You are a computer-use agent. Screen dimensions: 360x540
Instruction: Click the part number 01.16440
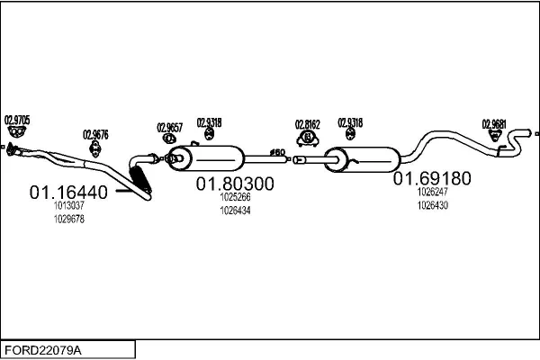[68, 192]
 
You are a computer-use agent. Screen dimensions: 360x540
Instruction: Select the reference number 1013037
[69, 206]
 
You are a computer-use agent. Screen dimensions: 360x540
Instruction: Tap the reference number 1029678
[69, 219]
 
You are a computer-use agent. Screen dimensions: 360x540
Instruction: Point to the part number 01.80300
[235, 184]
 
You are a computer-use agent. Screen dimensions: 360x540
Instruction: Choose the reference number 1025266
[235, 197]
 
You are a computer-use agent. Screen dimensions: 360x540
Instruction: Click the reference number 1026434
[235, 211]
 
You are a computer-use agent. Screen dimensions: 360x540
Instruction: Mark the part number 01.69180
[432, 178]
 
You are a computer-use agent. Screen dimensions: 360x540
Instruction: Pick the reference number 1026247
[432, 192]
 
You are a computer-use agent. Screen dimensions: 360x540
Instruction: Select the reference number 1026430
[432, 205]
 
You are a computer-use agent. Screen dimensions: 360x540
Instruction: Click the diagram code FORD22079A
[42, 348]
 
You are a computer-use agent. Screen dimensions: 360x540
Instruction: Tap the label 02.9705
[17, 119]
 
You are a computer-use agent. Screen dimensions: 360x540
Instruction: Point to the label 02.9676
[95, 135]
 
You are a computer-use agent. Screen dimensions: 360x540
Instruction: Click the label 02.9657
[170, 127]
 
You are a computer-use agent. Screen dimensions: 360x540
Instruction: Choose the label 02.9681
[494, 124]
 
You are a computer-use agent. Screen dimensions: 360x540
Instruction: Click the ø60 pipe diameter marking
[278, 151]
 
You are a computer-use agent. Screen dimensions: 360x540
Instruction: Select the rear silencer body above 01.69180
[366, 158]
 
